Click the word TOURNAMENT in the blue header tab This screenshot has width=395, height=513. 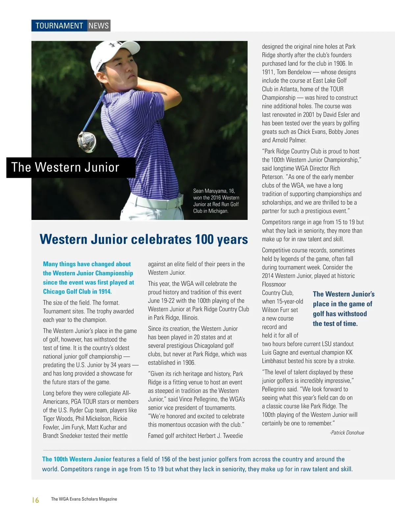tap(59, 26)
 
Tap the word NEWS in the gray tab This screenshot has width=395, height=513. tap(98, 26)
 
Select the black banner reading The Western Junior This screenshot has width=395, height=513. tap(71, 168)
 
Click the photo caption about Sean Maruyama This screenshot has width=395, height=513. tap(216, 201)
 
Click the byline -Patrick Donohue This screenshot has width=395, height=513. tap(347, 433)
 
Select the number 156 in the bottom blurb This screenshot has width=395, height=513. tap(166, 459)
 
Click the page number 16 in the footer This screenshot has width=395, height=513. tap(36, 500)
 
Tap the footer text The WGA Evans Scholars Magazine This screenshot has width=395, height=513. tap(84, 499)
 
